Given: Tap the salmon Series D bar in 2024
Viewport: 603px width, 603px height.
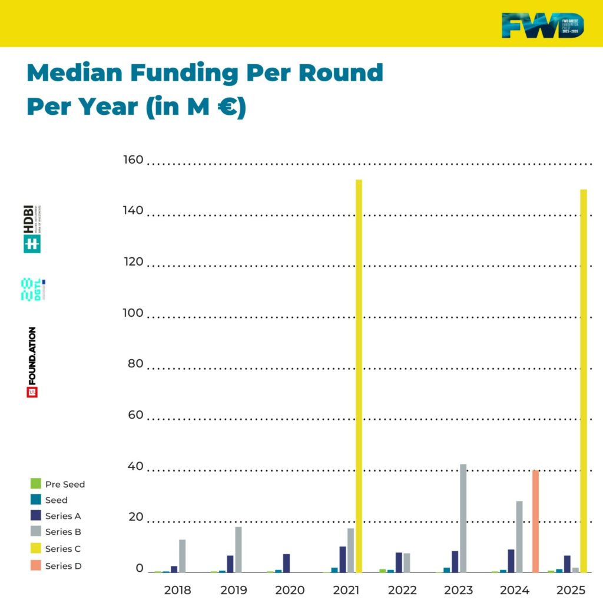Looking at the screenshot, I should [535, 521].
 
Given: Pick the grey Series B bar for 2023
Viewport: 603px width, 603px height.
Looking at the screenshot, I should [463, 518].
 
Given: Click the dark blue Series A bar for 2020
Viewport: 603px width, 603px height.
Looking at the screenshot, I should [286, 563].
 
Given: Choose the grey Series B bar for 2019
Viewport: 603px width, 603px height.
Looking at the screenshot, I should [238, 549].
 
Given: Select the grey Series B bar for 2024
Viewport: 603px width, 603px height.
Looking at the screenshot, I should [519, 536].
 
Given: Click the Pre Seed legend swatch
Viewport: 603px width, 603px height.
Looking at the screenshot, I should [35, 484].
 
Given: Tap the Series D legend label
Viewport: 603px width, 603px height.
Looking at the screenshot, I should [63, 566].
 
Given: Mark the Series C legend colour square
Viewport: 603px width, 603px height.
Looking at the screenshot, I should [35, 549].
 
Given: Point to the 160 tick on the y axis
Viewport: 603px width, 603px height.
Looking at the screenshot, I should [133, 160].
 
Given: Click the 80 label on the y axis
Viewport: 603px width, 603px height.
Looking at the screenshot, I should [135, 364].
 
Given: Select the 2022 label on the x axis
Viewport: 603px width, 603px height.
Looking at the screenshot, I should [402, 590].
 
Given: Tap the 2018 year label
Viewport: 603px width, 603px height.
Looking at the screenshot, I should [177, 590].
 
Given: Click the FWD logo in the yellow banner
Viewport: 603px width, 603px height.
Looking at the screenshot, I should [543, 25].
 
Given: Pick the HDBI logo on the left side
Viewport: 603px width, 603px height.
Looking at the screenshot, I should [32, 229].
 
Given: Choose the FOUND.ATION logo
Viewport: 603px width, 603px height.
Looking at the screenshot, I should [32, 362].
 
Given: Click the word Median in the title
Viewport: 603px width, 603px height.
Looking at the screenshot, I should [74, 73].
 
